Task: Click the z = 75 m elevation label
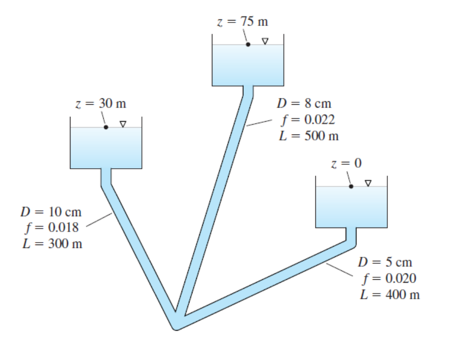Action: click(x=243, y=22)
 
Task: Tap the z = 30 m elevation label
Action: click(x=101, y=104)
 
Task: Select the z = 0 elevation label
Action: click(x=347, y=163)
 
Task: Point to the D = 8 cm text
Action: click(x=304, y=104)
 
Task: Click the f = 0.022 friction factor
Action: click(x=308, y=120)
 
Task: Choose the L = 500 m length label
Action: click(x=309, y=136)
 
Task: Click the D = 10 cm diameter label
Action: click(x=51, y=212)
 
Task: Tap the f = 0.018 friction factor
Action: click(x=52, y=228)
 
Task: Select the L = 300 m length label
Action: click(x=52, y=244)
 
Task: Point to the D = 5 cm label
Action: click(x=385, y=262)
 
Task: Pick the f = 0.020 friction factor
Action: click(x=389, y=279)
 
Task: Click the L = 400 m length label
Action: click(x=390, y=294)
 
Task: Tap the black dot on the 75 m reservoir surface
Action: click(x=248, y=45)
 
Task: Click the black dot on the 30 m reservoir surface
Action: click(x=106, y=127)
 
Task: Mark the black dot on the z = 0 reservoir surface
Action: click(x=351, y=186)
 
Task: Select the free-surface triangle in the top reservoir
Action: click(x=265, y=41)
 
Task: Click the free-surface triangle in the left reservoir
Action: click(x=123, y=124)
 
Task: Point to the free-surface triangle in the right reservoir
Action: click(x=368, y=183)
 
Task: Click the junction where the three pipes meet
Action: click(x=177, y=321)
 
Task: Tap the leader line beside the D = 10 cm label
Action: click(x=99, y=220)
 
